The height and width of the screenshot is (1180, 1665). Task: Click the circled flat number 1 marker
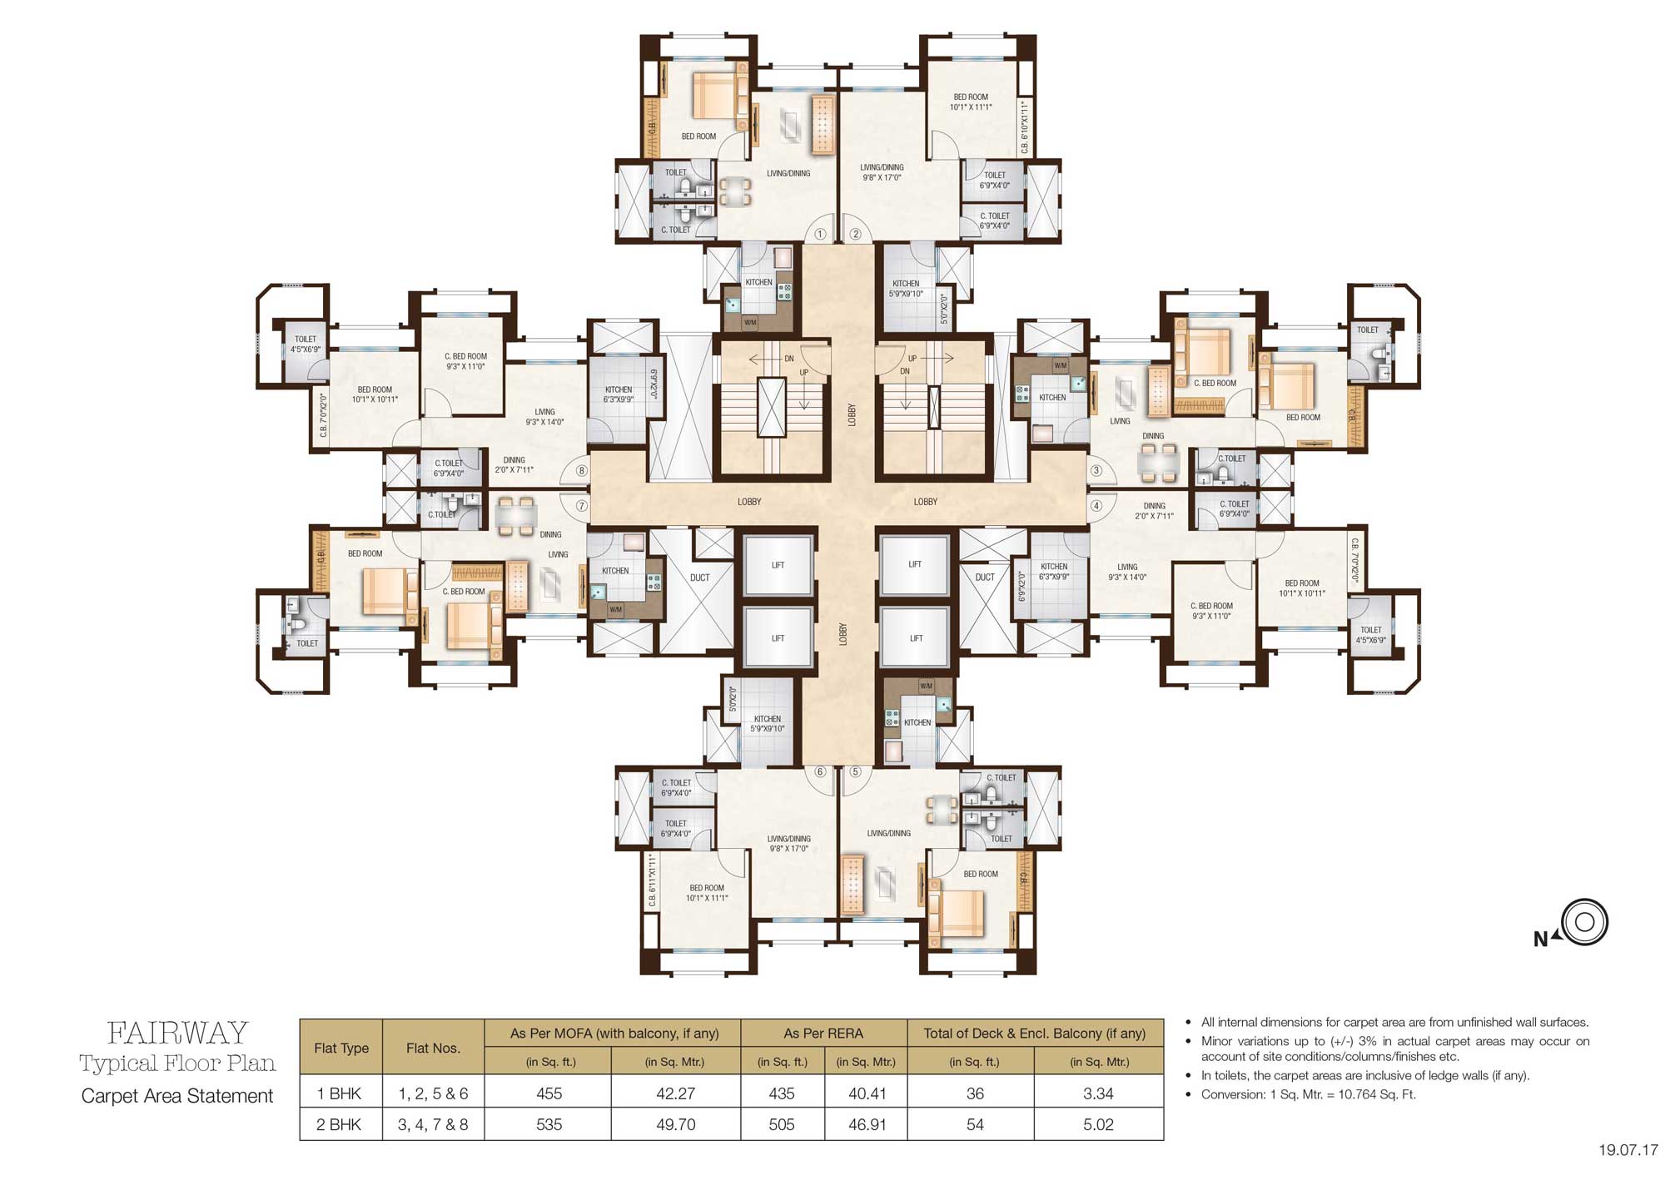[x=820, y=235]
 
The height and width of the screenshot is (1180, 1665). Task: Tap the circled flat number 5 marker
[x=855, y=771]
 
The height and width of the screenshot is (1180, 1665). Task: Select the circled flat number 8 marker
[x=582, y=471]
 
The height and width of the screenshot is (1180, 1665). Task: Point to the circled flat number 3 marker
[x=1096, y=471]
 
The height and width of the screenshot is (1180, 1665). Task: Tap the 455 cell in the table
[x=549, y=1093]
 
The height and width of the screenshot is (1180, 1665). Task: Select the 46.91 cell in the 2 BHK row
[x=866, y=1124]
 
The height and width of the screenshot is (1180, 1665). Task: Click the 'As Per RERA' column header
[x=823, y=1033]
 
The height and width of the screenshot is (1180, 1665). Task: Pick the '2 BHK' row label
[x=340, y=1124]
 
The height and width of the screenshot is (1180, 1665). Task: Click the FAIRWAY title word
[x=177, y=1033]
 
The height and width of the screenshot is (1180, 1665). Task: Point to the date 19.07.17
[x=1628, y=1151]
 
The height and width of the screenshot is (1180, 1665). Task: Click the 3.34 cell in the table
[x=1098, y=1093]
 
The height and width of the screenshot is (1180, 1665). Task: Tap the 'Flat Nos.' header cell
[x=433, y=1048]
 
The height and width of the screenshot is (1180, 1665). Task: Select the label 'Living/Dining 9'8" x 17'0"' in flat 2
[x=882, y=172]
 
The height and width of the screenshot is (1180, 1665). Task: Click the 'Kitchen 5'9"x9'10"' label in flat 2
[x=906, y=288]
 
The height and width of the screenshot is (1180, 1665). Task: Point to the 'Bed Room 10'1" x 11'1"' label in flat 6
[x=707, y=893]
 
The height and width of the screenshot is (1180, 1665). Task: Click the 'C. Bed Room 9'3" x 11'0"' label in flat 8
[x=465, y=361]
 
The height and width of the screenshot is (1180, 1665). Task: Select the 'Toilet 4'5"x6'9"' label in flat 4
[x=1370, y=635]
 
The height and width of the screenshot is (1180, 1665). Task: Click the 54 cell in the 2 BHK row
[x=974, y=1124]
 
